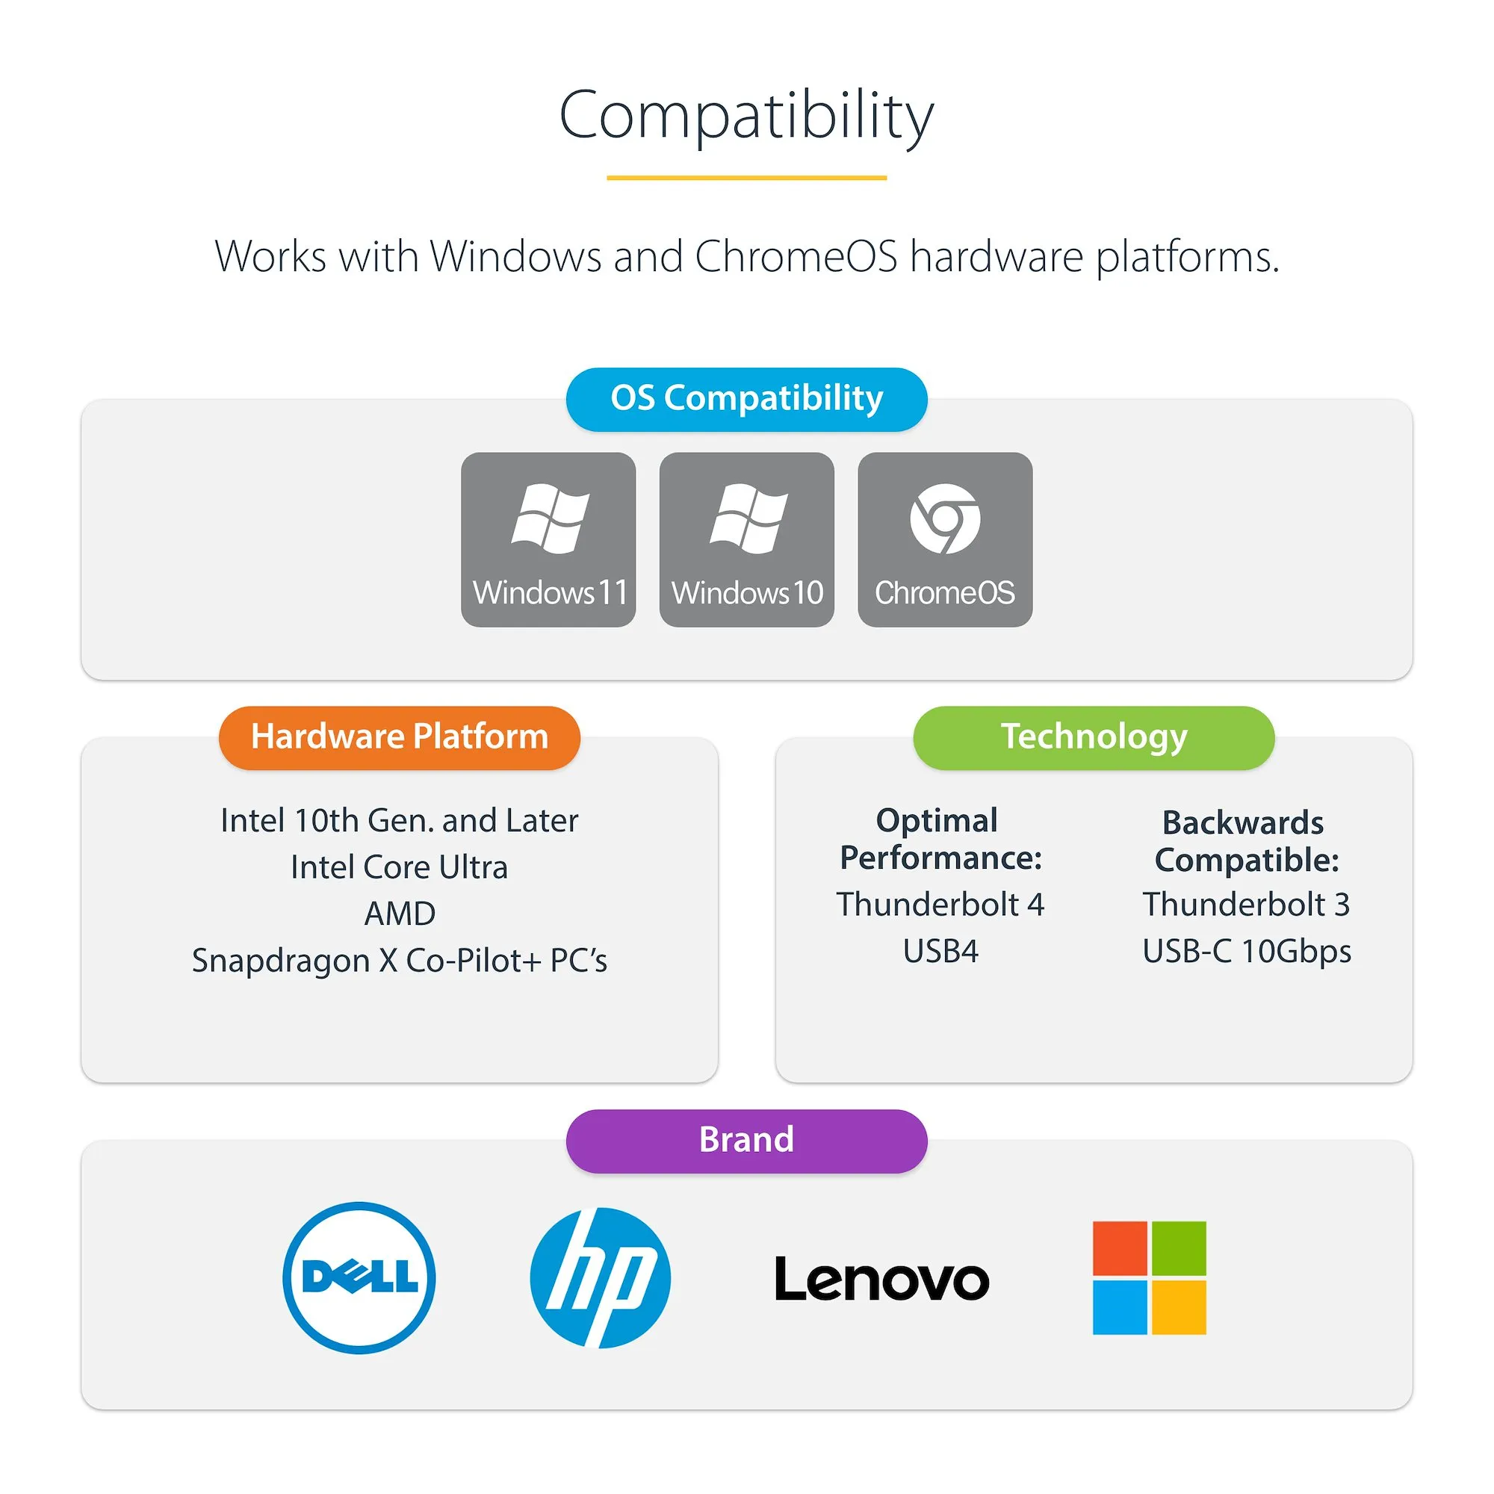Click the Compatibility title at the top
pos(746,116)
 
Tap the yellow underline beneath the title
pos(746,178)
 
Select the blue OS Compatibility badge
pos(746,399)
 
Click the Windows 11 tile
pos(548,539)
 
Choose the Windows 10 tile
pos(746,539)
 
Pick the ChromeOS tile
pos(944,539)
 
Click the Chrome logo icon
pos(944,519)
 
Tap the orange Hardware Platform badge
pos(399,737)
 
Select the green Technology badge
pos(1094,737)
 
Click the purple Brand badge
pos(746,1141)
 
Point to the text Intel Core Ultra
pos(399,867)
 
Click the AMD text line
pos(399,914)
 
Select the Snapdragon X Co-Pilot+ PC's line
pos(399,961)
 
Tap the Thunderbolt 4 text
pos(940,904)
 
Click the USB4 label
pos(940,951)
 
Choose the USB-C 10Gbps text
pos(1247,951)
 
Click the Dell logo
pos(359,1277)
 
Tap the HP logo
pos(600,1277)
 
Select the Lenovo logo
pos(881,1279)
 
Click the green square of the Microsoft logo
pos(1179,1248)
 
